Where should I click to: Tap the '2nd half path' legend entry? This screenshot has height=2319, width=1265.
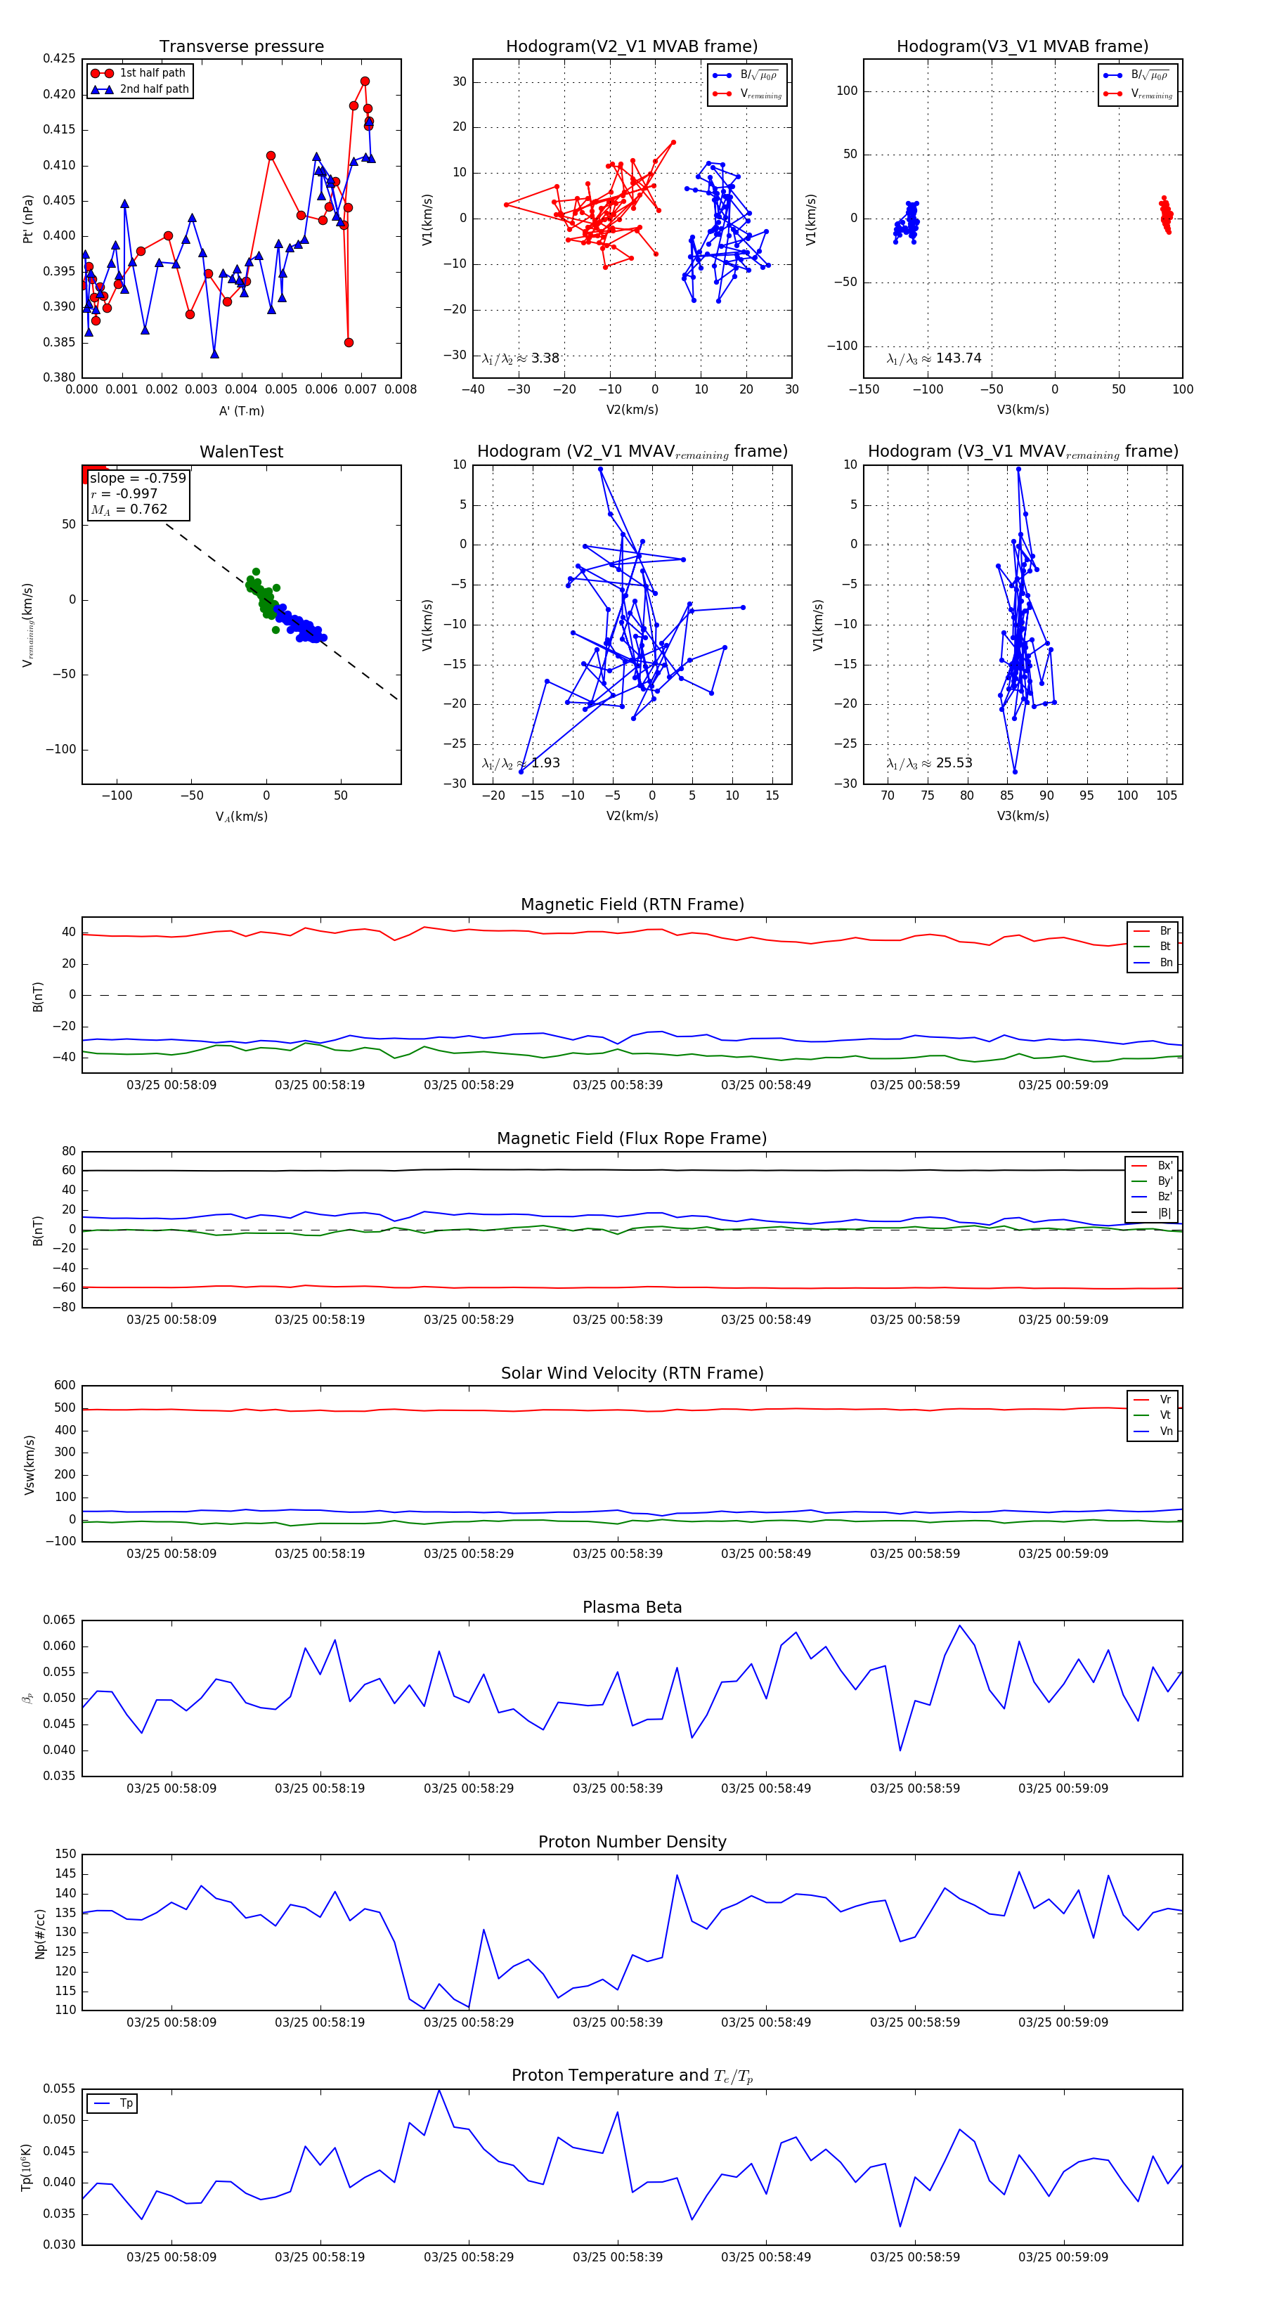[154, 89]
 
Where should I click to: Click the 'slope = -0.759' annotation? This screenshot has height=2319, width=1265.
[138, 478]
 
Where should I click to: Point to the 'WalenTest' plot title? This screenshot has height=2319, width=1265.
[241, 452]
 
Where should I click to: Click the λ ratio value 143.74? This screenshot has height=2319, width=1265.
[958, 358]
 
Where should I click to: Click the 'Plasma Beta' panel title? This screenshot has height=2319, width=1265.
[632, 1607]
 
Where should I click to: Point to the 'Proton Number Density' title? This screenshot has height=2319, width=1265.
[632, 1842]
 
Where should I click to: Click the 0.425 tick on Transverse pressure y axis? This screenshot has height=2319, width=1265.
[58, 58]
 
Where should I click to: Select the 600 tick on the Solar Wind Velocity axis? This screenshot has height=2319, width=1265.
[64, 1386]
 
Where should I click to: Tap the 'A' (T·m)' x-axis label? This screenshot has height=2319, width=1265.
[241, 410]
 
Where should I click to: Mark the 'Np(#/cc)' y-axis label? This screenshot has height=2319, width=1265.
[39, 1932]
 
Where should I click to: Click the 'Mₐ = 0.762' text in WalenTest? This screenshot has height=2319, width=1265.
[129, 509]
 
